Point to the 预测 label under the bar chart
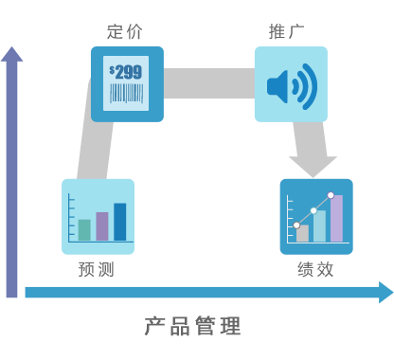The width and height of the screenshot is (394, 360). pyautogui.click(x=96, y=269)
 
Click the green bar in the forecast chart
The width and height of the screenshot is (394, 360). pyautogui.click(x=84, y=229)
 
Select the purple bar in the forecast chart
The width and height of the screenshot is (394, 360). pyautogui.click(x=102, y=225)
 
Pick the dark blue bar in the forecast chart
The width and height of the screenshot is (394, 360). pyautogui.click(x=119, y=222)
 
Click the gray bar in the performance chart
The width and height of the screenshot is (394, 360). pyautogui.click(x=302, y=233)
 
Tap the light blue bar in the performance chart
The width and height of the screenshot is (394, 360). pyautogui.click(x=319, y=226)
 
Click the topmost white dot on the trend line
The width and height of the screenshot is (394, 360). pyautogui.click(x=331, y=195)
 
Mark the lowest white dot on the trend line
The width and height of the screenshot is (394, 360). pyautogui.click(x=296, y=225)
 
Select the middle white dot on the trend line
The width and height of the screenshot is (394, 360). pyautogui.click(x=313, y=210)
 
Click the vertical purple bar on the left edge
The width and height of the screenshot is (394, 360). pyautogui.click(x=11, y=171)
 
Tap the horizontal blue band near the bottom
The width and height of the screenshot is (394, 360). pyautogui.click(x=208, y=292)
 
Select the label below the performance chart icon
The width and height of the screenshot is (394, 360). pyautogui.click(x=314, y=269)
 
